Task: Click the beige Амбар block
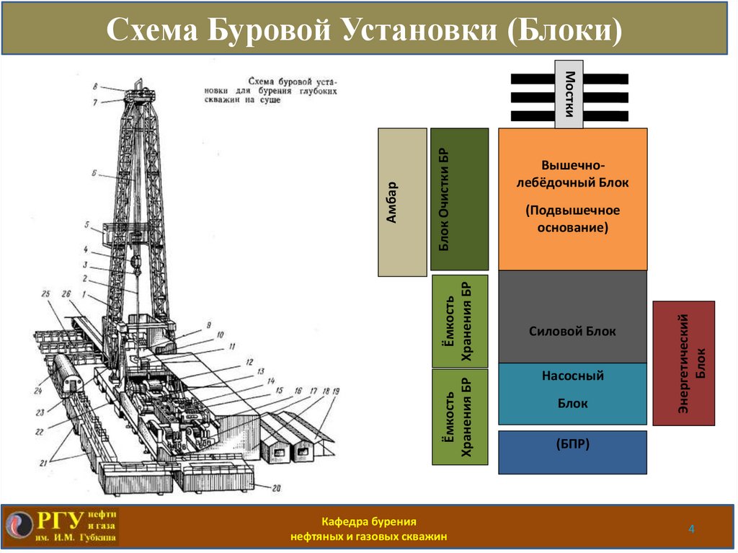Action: [x=402, y=203]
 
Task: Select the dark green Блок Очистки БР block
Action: [x=459, y=199]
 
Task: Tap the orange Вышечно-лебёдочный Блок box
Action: [x=572, y=198]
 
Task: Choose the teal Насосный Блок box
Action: [x=572, y=393]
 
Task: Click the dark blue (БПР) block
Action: [x=572, y=452]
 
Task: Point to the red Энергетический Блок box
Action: [x=683, y=363]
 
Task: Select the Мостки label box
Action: [x=569, y=94]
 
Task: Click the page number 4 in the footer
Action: [x=691, y=530]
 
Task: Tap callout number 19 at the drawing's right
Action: [x=335, y=391]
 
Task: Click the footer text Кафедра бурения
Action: [x=369, y=521]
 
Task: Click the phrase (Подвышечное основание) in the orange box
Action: [x=572, y=218]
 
